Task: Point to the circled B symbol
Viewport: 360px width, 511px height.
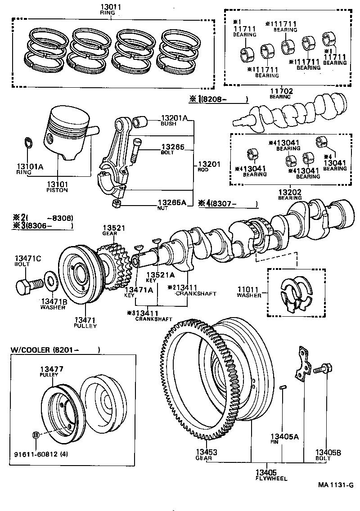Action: coord(36,435)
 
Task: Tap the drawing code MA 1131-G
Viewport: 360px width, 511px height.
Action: coord(336,484)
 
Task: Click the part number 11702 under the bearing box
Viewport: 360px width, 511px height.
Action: coord(281,92)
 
